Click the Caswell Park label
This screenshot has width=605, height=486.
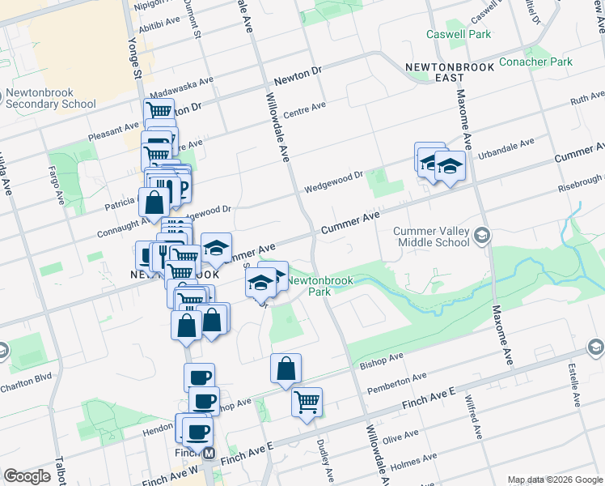(459, 35)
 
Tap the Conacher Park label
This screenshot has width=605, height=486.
(535, 62)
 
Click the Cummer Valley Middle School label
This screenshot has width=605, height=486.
(430, 237)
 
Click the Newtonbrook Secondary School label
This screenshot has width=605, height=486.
(50, 98)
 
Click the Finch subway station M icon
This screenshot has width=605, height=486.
(209, 454)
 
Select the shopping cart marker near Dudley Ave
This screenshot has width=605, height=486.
(307, 401)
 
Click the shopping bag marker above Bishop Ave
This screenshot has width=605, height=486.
(286, 369)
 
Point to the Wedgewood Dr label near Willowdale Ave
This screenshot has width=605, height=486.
(334, 182)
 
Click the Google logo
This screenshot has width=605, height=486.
(27, 476)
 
